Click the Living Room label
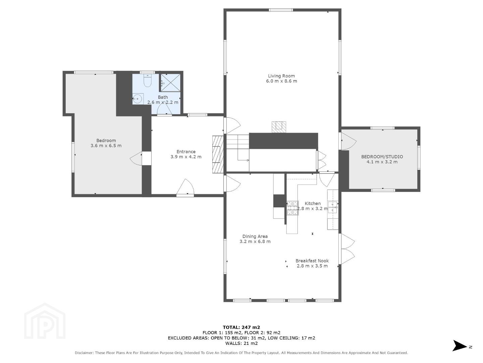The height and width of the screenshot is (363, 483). point(281,76)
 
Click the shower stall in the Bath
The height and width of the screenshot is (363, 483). point(170,82)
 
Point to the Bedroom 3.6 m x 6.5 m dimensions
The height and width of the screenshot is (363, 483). point(106,146)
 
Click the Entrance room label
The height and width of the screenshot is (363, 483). point(186,152)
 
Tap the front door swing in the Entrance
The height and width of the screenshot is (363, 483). point(185,187)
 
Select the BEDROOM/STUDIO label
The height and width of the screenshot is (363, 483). point(382,157)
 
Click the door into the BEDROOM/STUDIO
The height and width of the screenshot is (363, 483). point(348,141)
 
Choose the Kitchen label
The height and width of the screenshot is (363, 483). point(313,203)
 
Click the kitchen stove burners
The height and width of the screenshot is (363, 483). point(292,208)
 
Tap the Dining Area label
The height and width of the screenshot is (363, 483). point(255,236)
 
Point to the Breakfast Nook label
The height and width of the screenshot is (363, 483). point(312,261)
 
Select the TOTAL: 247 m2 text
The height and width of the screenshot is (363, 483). point(241,327)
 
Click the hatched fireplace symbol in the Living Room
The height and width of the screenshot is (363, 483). point(279,127)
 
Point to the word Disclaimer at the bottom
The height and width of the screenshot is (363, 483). point(84,353)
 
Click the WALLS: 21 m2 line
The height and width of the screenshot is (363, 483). point(241,344)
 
